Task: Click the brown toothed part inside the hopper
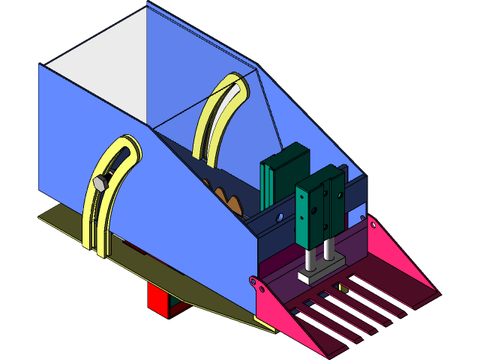pyautogui.click(x=229, y=200)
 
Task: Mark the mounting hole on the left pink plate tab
pyautogui.click(x=253, y=282)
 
